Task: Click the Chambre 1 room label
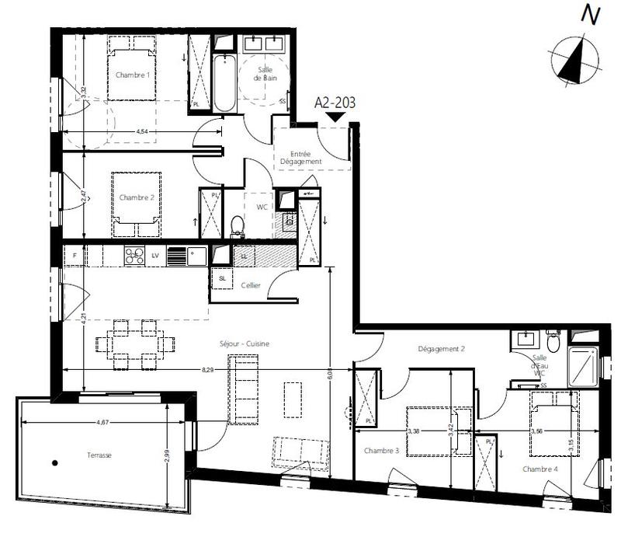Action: (x=133, y=75)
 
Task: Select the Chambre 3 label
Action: (x=376, y=450)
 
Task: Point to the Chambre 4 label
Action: (x=540, y=469)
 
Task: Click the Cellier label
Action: (x=250, y=285)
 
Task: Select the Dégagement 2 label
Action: (x=440, y=349)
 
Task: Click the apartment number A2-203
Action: (x=335, y=102)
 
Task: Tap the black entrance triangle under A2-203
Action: (x=335, y=117)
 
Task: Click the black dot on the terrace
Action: (x=54, y=464)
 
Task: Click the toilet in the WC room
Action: (x=238, y=225)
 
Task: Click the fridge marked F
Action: (x=75, y=255)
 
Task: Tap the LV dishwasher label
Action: (x=156, y=255)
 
